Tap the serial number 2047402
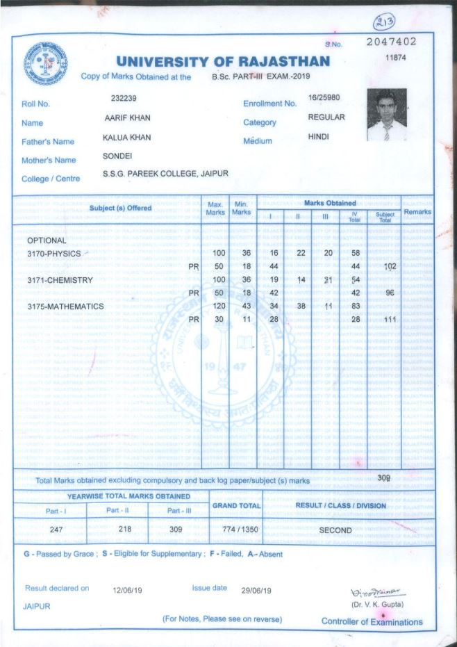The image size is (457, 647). point(391,42)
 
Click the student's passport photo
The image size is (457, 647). point(387,115)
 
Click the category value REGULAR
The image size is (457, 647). point(326,117)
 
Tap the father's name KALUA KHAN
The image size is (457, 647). point(126,138)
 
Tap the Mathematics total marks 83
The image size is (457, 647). point(355,306)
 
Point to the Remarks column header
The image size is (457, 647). point(417,212)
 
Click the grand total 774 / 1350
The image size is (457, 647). point(236,530)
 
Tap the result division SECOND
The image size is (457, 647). point(335,530)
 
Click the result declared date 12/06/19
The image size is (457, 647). point(128,590)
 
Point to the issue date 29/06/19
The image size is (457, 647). point(256,590)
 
